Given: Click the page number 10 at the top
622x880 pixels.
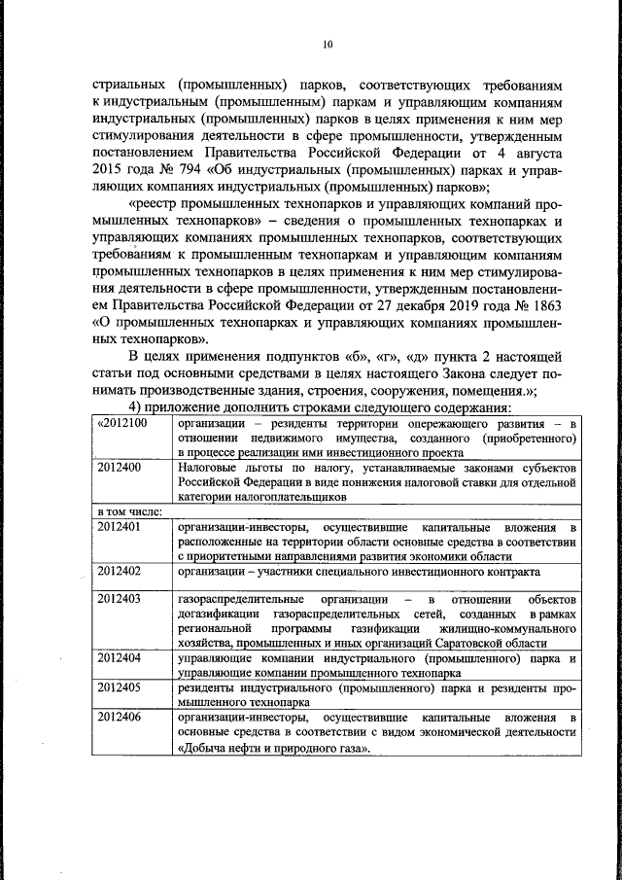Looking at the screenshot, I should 327,44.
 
